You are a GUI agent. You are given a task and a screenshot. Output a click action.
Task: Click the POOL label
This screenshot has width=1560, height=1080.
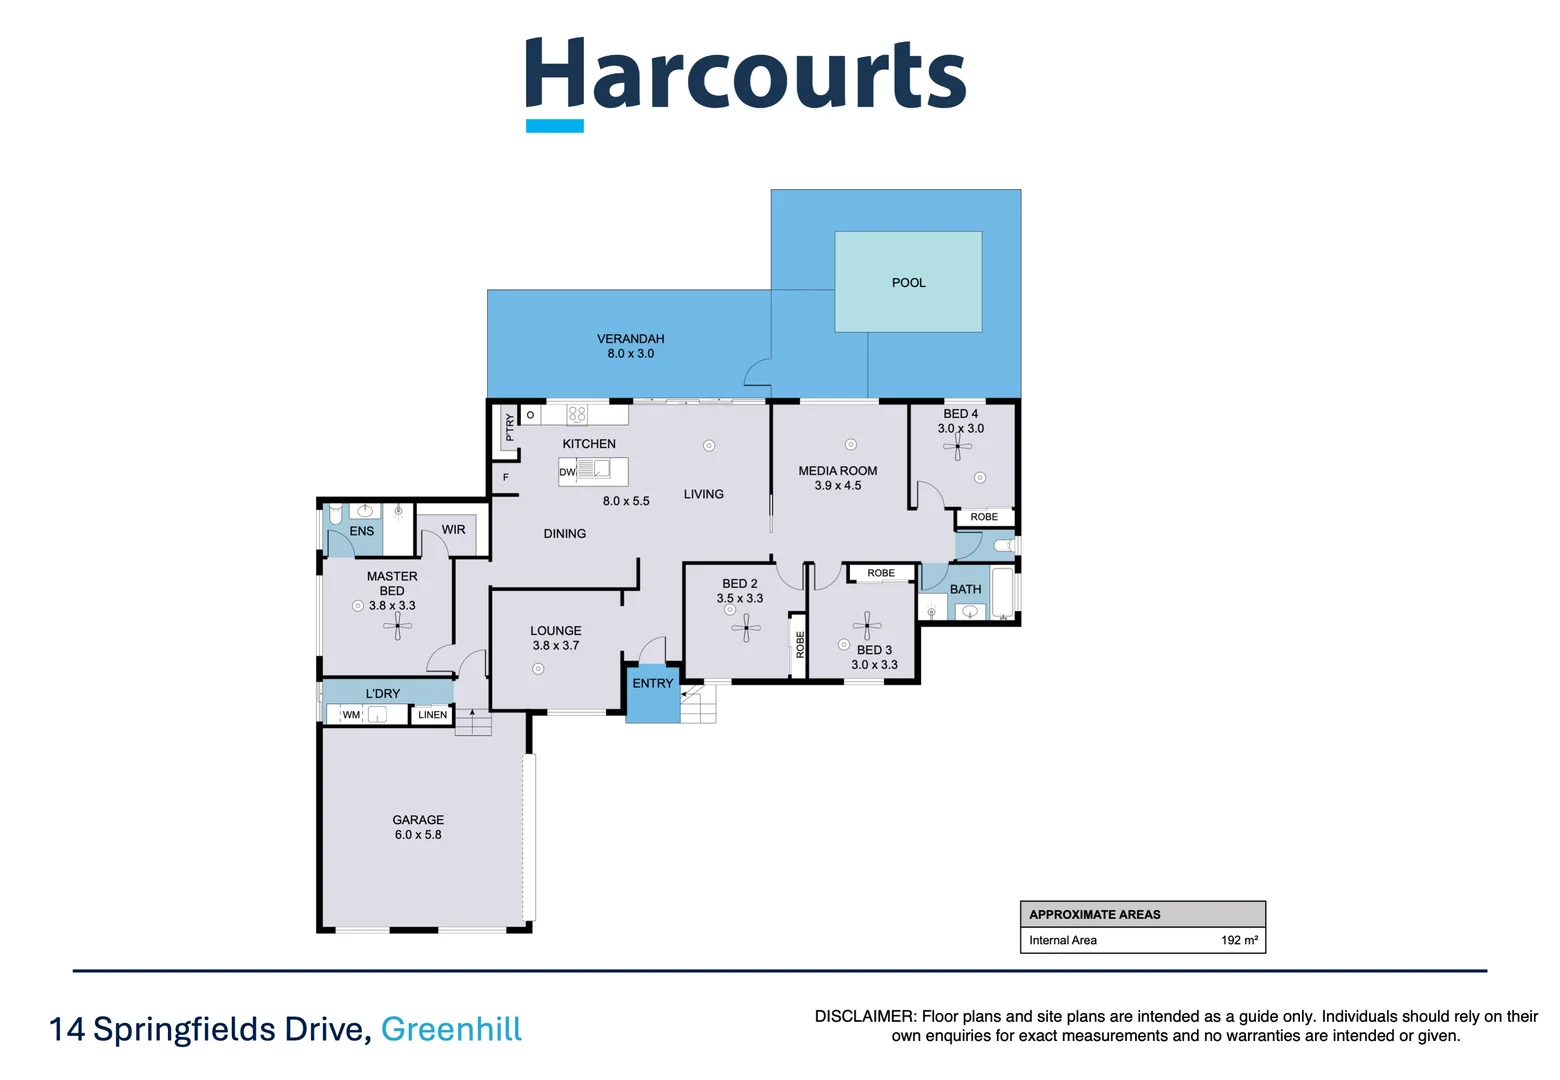908,283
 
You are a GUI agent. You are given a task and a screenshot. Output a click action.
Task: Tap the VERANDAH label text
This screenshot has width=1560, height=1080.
630,339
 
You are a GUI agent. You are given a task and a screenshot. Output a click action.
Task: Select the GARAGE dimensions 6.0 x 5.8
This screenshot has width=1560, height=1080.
417,835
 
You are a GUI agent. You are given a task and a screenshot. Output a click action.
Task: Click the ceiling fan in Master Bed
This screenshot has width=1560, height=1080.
397,626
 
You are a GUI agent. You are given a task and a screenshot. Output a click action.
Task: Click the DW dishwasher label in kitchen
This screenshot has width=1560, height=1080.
567,472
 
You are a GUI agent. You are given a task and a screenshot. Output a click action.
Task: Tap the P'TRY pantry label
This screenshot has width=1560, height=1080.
509,428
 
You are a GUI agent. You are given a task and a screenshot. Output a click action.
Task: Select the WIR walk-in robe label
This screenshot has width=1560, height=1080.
453,530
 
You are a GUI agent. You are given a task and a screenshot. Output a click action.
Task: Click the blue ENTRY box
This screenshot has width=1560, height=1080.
652,692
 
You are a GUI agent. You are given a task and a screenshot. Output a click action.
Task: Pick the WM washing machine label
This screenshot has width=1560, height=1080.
351,715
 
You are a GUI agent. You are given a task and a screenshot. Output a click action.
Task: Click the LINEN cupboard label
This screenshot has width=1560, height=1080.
432,715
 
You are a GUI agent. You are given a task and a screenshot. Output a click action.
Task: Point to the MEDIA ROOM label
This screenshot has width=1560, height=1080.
837,471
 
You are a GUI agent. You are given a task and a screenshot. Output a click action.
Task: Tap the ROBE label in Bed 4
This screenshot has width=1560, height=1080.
984,517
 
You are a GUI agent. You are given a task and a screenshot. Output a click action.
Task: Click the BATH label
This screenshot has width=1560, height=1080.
965,589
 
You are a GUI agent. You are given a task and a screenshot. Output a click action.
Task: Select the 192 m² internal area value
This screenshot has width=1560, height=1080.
1239,940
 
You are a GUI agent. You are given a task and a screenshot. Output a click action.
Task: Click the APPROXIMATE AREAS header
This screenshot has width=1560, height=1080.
1094,914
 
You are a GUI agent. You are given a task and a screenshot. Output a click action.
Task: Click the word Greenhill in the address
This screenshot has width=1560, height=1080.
451,1029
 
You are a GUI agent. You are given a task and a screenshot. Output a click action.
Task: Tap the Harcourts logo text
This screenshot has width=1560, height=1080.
745,75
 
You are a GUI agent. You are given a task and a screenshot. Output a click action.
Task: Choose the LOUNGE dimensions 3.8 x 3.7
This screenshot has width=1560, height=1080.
555,646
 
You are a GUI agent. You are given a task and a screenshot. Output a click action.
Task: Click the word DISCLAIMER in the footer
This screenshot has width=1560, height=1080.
864,1016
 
